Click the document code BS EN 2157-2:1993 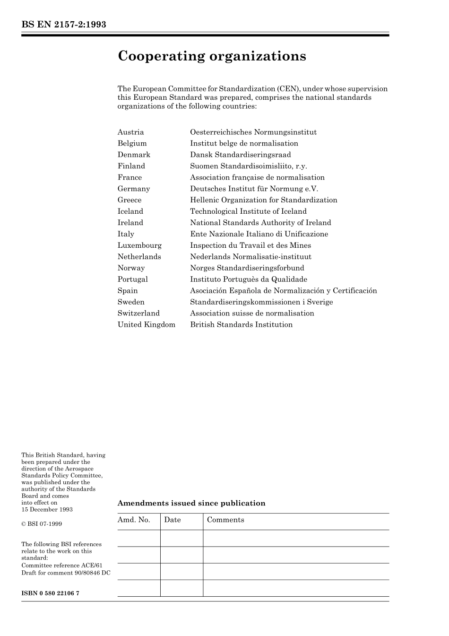64,25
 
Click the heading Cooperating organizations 212,56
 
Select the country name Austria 130,132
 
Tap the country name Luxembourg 139,245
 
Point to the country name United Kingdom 146,325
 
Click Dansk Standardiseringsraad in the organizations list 240,155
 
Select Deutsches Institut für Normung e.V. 254,189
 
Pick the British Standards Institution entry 241,325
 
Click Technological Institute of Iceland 248,211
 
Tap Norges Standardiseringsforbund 247,268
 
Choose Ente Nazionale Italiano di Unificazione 259,234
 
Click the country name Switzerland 138,314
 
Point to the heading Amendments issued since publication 191,503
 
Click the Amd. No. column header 134,520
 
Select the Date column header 173,520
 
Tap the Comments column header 225,520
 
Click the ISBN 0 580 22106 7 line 50,593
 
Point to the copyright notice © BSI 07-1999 42,524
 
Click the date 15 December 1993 47,509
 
